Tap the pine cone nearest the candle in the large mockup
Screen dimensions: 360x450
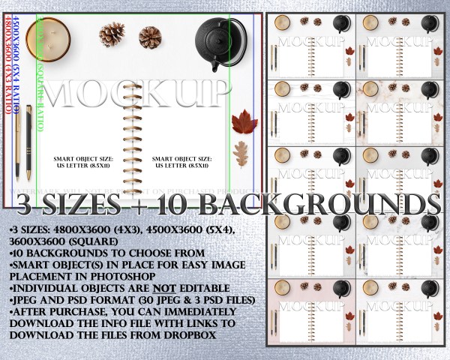click(x=112, y=33)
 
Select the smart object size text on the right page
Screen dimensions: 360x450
click(x=182, y=163)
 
